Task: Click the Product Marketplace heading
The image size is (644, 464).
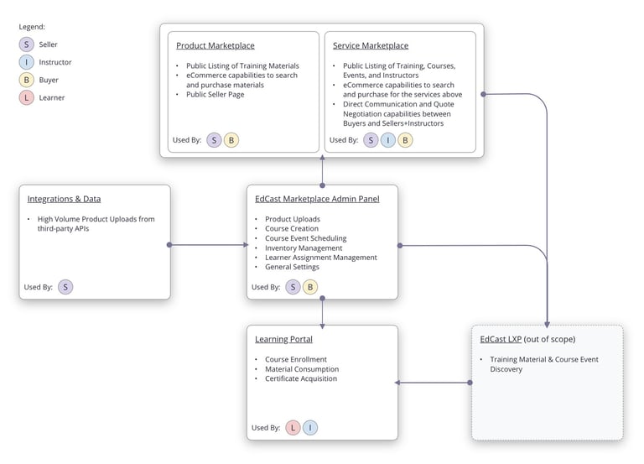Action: (215, 45)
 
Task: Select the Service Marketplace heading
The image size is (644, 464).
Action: (371, 45)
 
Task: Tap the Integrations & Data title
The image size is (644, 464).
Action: (64, 199)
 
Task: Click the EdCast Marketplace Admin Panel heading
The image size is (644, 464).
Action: (317, 199)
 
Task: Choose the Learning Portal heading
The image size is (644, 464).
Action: (283, 339)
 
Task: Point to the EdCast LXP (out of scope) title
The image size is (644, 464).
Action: (527, 339)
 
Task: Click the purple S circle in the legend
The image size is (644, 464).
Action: (27, 44)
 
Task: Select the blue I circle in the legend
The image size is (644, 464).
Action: (27, 62)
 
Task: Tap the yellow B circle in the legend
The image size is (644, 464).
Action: (27, 80)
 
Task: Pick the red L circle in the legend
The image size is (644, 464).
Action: (27, 97)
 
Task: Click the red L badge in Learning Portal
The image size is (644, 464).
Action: (293, 428)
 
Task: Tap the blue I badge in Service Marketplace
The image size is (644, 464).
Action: (388, 140)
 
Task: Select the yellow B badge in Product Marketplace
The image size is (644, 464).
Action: (231, 140)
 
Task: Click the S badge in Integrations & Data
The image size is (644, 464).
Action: (65, 287)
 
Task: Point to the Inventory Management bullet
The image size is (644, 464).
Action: (303, 248)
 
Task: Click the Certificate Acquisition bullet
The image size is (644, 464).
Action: (301, 378)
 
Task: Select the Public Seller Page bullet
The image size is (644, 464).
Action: (216, 94)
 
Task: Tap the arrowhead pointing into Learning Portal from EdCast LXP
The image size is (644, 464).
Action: (397, 383)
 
